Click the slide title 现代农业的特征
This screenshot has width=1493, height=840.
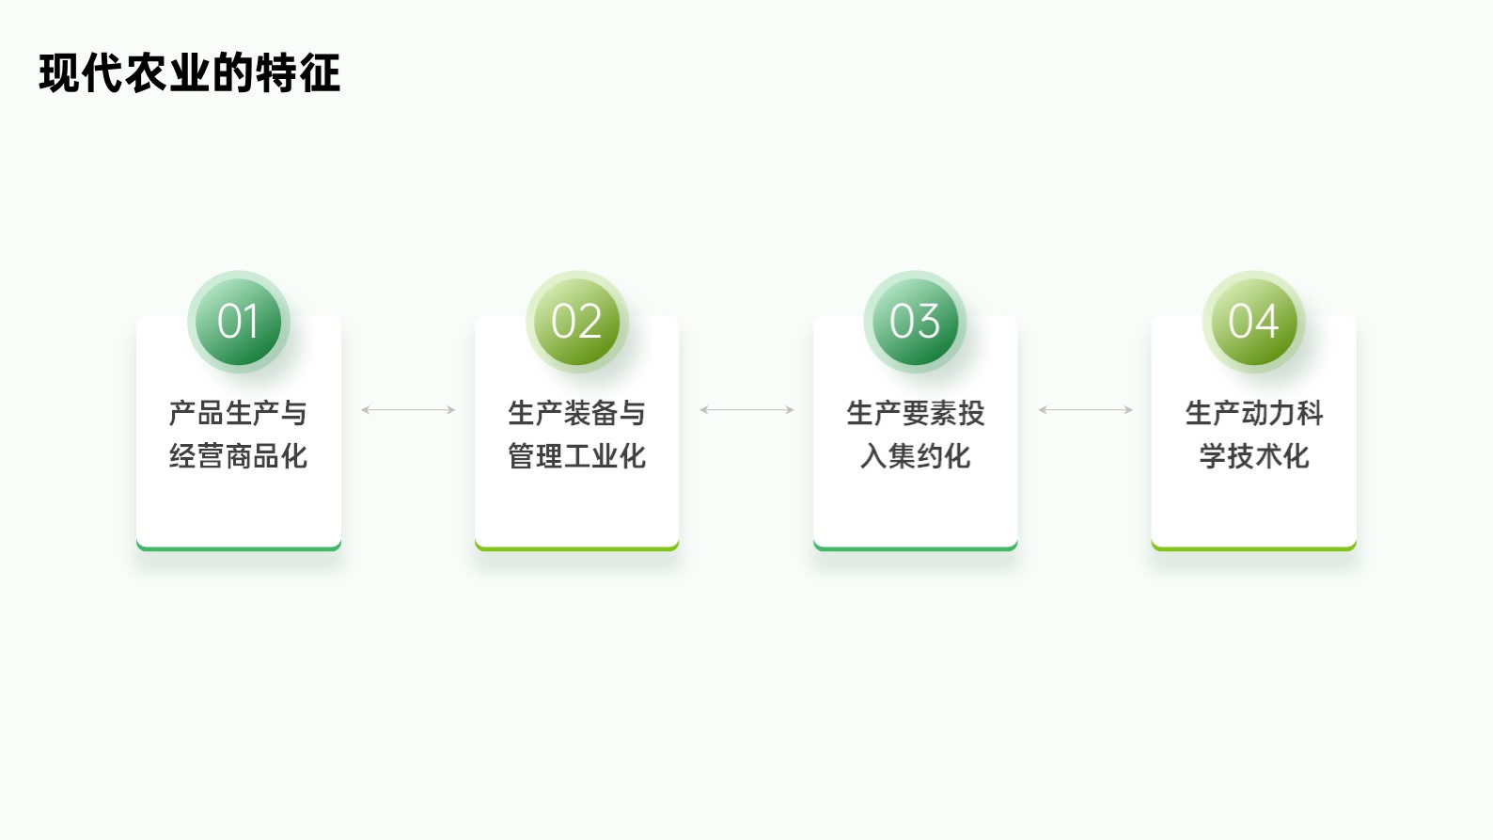pyautogui.click(x=190, y=72)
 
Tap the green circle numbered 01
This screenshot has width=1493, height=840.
pyautogui.click(x=239, y=322)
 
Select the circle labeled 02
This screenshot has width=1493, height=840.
pyautogui.click(x=577, y=322)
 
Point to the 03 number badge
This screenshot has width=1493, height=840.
pyautogui.click(x=915, y=322)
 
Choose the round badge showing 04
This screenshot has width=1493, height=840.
pyautogui.click(x=1253, y=322)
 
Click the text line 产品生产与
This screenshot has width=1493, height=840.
pyautogui.click(x=238, y=413)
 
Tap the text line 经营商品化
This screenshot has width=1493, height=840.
pyautogui.click(x=238, y=456)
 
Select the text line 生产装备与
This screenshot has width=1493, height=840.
pyautogui.click(x=576, y=413)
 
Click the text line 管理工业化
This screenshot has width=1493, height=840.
pyautogui.click(x=576, y=456)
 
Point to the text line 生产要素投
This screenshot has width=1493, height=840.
pyautogui.click(x=915, y=413)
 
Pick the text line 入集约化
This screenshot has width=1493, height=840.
pyautogui.click(x=915, y=456)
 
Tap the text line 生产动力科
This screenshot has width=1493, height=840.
pyautogui.click(x=1253, y=413)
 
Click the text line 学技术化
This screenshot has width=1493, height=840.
pyautogui.click(x=1253, y=456)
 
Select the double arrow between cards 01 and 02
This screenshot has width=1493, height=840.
pyautogui.click(x=408, y=410)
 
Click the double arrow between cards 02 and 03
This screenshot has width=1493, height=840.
pyautogui.click(x=746, y=410)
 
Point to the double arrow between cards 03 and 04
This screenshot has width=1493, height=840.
pyautogui.click(x=1085, y=410)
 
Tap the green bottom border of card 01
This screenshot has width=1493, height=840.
pyautogui.click(x=239, y=548)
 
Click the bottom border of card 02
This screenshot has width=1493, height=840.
pyautogui.click(x=577, y=548)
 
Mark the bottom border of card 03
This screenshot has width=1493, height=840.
pyautogui.click(x=915, y=548)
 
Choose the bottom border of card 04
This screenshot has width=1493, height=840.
pyautogui.click(x=1253, y=548)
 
